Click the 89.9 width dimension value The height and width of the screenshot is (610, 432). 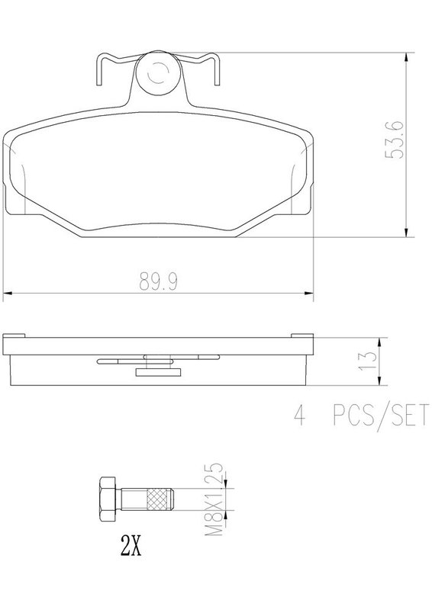(159, 281)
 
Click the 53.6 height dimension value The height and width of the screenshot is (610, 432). (395, 140)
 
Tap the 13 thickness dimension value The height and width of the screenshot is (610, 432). (369, 361)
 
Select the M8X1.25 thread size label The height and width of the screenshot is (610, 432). (214, 499)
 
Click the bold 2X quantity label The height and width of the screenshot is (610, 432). (131, 545)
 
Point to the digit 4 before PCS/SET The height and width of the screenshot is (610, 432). (299, 415)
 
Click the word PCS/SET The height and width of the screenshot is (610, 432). (381, 415)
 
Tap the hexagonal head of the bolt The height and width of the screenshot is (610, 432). (108, 499)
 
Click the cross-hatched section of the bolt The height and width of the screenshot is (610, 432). (159, 499)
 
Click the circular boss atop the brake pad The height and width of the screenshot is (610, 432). (158, 72)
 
